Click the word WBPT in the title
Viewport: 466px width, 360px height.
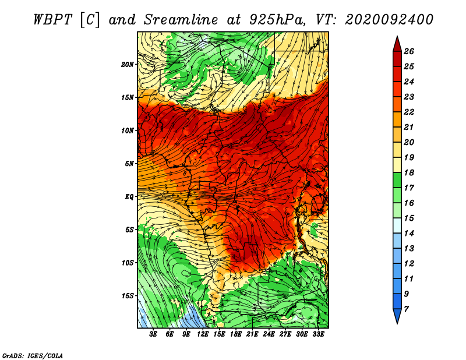click(x=52, y=20)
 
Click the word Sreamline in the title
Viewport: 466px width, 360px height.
click(x=181, y=20)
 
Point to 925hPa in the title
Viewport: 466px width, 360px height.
click(x=278, y=20)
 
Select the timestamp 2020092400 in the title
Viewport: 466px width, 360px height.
click(x=389, y=20)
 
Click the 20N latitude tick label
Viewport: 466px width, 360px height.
click(x=127, y=65)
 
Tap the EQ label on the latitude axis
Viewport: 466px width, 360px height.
click(x=129, y=197)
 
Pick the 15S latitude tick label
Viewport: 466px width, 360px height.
click(x=127, y=296)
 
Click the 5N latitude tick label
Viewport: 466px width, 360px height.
click(x=129, y=164)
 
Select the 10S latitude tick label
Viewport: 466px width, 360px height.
click(x=127, y=263)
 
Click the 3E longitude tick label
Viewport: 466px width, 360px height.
click(x=153, y=334)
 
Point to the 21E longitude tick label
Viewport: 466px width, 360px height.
click(x=252, y=334)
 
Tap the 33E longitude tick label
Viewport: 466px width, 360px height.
click(x=318, y=334)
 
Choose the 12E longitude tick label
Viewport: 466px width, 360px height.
click(x=203, y=334)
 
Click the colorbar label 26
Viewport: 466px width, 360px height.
click(x=409, y=51)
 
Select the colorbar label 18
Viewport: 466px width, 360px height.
click(x=409, y=172)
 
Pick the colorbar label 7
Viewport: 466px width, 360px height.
click(x=406, y=309)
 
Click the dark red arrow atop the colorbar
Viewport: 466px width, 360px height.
click(x=397, y=44)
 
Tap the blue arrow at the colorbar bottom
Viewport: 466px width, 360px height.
click(x=397, y=316)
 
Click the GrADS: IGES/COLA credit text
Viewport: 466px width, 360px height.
click(x=33, y=356)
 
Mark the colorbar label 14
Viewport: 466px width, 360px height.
click(x=409, y=234)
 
